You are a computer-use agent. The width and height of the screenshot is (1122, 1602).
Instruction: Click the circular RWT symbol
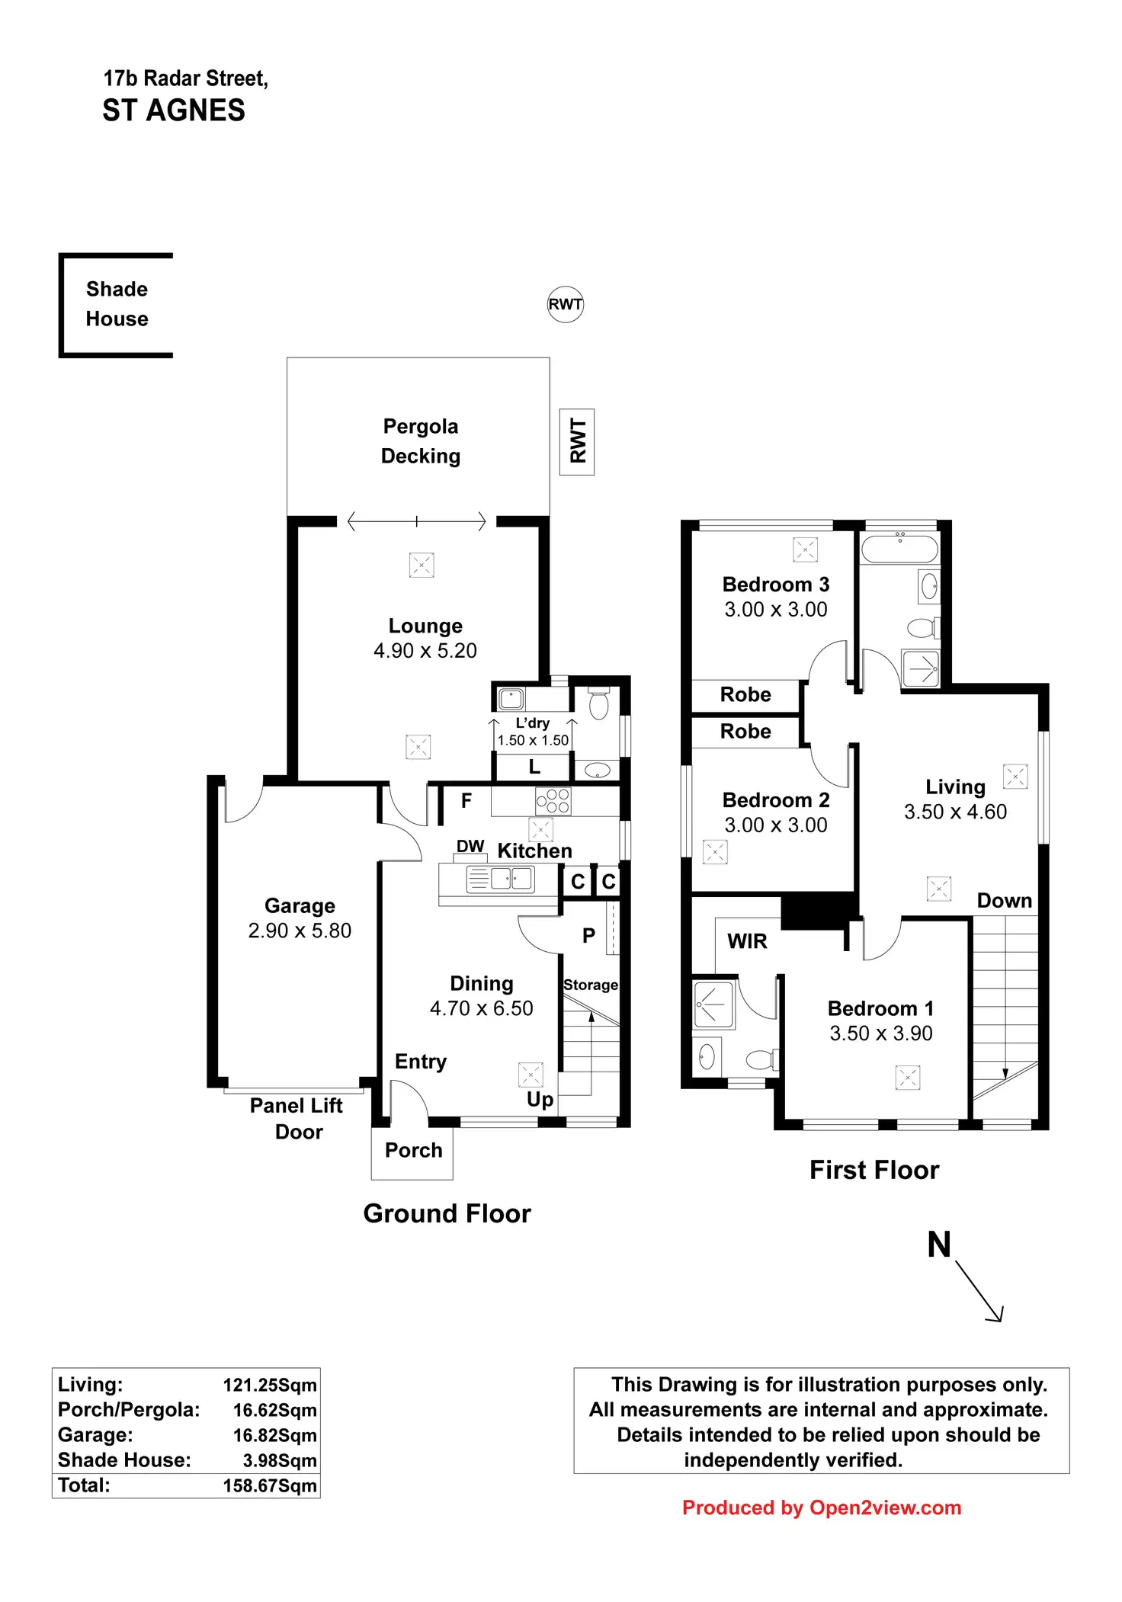click(565, 304)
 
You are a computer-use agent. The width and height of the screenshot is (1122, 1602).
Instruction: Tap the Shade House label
click(117, 304)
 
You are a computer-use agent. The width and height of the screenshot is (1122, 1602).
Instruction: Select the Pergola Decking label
click(420, 441)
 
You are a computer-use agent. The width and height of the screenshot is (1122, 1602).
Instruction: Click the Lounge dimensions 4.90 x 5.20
click(425, 651)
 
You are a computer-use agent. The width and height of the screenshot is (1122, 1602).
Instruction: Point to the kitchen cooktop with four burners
click(553, 801)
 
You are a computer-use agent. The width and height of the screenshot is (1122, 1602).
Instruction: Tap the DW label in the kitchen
click(470, 846)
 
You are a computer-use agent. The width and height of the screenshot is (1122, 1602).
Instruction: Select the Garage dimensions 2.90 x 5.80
click(300, 931)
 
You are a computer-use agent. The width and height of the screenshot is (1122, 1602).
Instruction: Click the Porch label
click(413, 1150)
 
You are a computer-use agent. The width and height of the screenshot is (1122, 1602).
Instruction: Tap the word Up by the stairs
click(540, 1099)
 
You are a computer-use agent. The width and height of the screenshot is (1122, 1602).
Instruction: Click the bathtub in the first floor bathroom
click(899, 549)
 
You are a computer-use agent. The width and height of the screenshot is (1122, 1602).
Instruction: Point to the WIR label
click(747, 941)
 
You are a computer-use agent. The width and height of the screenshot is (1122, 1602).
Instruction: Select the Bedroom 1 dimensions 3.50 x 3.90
click(880, 1033)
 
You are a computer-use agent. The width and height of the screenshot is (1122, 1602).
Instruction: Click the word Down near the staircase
click(1004, 901)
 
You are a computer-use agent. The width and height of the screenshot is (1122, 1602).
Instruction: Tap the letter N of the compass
click(939, 1245)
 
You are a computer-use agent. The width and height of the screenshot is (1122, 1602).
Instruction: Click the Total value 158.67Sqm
click(269, 1485)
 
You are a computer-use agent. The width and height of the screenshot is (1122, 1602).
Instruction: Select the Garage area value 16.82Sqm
click(274, 1435)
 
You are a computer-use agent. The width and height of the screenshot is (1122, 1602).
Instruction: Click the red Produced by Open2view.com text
click(821, 1507)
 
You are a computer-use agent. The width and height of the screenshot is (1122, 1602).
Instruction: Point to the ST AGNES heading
click(174, 111)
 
